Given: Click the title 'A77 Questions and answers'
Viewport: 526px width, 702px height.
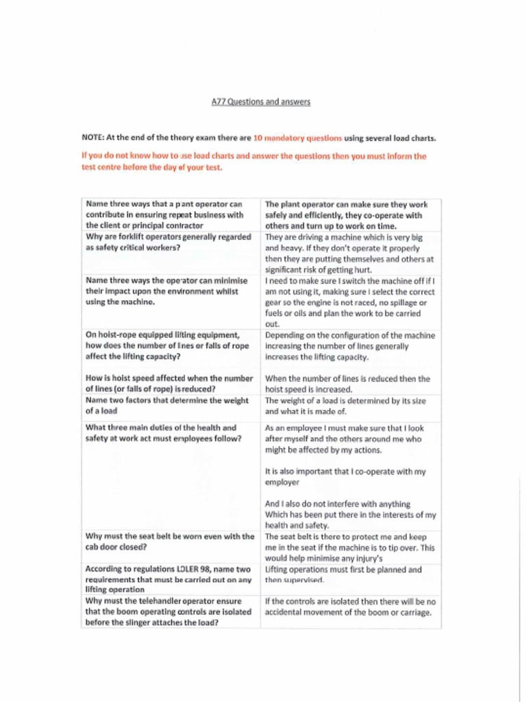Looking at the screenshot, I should coord(261,102).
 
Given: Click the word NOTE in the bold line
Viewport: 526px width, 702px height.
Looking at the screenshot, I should coord(93,138).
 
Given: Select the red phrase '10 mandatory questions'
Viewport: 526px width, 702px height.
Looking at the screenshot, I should coord(297,138).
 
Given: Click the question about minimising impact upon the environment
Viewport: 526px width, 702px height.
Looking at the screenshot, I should coord(166,291).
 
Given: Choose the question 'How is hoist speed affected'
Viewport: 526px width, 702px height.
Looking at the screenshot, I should coord(168,383).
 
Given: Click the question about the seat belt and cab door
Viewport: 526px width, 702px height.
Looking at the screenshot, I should coord(169,542).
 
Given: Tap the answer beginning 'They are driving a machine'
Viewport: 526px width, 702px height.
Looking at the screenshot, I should coord(349,248).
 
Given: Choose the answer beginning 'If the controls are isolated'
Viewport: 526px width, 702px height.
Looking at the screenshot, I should coord(350,607).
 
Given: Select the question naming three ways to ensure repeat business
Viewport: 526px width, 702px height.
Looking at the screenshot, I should coord(164,214).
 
